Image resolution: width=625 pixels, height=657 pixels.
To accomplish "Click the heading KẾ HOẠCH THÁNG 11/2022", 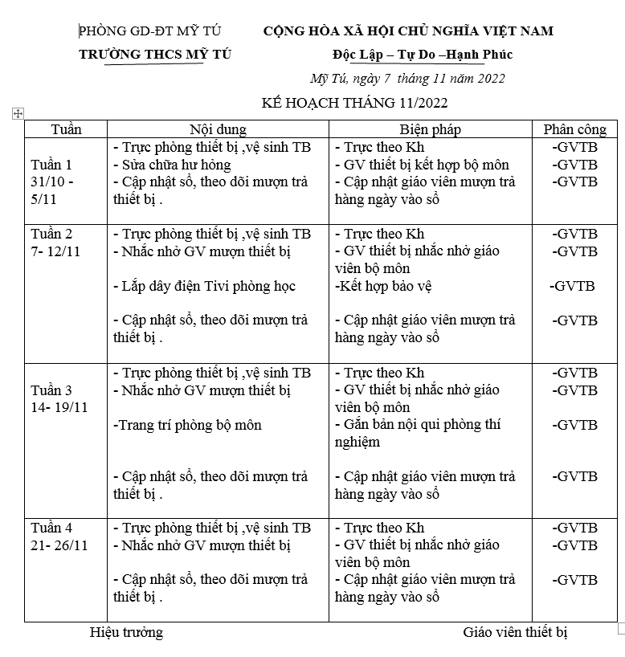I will (x=354, y=103).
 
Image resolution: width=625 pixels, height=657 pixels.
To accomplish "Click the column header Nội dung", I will (x=218, y=129).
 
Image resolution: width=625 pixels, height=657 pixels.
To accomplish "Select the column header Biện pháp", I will (x=431, y=129).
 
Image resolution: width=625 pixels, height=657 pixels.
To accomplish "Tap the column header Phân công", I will (x=574, y=129).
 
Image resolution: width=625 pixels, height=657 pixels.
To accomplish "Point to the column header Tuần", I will (x=66, y=129).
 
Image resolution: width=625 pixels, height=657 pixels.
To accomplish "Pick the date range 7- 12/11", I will (x=59, y=251).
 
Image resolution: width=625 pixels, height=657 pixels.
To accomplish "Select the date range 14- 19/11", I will (x=59, y=407).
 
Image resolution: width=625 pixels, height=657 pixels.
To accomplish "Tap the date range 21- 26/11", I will (x=59, y=545).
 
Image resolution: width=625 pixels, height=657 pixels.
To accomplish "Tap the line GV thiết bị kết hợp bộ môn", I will (x=422, y=165).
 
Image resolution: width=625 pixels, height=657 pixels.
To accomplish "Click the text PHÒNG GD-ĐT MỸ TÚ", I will (x=150, y=31).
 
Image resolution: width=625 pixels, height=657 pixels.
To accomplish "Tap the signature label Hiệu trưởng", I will (x=126, y=632).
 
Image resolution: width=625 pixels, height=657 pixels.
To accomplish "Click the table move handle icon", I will (x=18, y=114).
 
